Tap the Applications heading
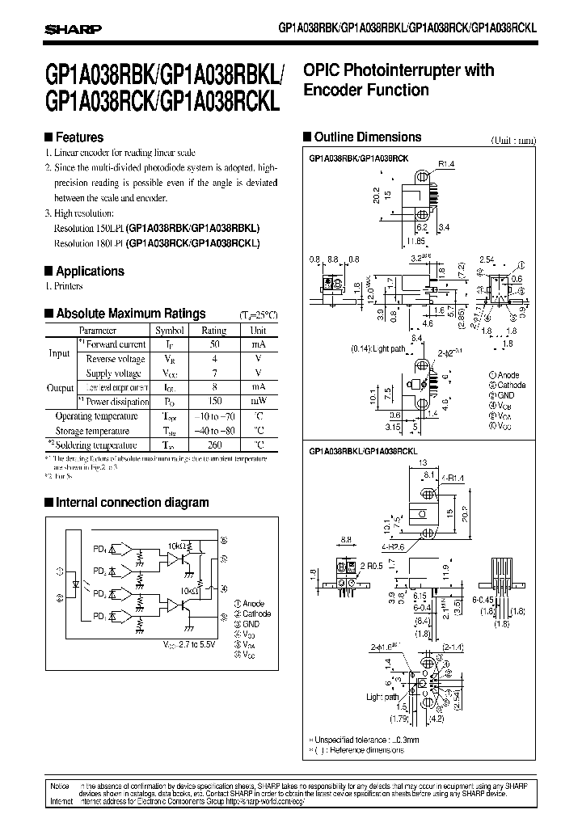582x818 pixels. coord(88,272)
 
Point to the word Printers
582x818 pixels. coord(68,286)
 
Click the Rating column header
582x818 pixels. coord(213,330)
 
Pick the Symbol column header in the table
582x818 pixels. coord(170,330)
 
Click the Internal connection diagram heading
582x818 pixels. coord(132,503)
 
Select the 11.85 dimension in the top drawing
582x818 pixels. coord(416,241)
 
